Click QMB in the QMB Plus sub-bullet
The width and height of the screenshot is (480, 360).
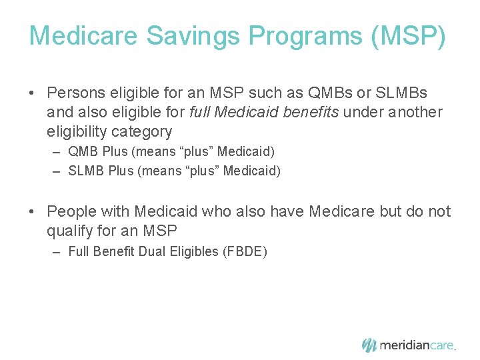(82, 152)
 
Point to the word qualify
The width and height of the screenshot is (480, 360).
(71, 231)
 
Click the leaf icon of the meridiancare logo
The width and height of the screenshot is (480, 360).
(369, 345)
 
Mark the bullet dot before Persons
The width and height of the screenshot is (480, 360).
(33, 93)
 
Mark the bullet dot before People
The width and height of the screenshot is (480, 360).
(33, 213)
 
